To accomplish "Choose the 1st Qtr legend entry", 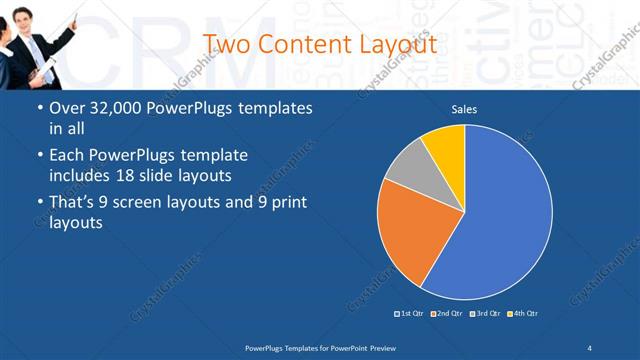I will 411,314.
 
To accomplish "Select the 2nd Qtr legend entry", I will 447,314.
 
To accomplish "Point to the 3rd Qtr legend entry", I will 485,314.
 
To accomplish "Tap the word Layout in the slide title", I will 399,45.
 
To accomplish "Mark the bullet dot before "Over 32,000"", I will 39,108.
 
